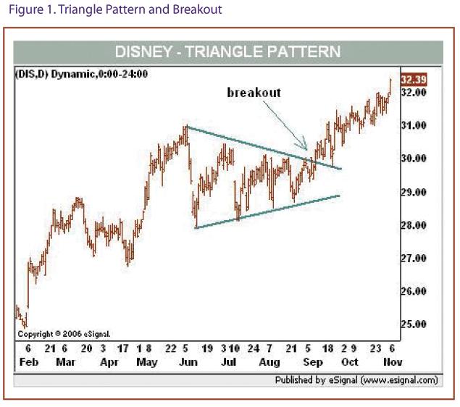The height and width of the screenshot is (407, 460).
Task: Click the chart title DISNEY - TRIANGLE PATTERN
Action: (227, 52)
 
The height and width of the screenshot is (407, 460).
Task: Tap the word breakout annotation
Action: (254, 92)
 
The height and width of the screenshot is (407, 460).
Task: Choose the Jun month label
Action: (188, 360)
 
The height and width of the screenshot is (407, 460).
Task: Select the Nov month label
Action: (392, 360)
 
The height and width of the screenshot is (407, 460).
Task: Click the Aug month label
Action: (269, 360)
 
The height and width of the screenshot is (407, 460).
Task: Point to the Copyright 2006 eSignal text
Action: (64, 334)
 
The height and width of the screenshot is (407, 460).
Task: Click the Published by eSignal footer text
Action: (356, 379)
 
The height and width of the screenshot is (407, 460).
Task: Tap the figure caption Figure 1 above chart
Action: (112, 10)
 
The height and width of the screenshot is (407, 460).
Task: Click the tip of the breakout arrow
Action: (308, 151)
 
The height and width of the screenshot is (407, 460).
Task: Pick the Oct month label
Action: (350, 360)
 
